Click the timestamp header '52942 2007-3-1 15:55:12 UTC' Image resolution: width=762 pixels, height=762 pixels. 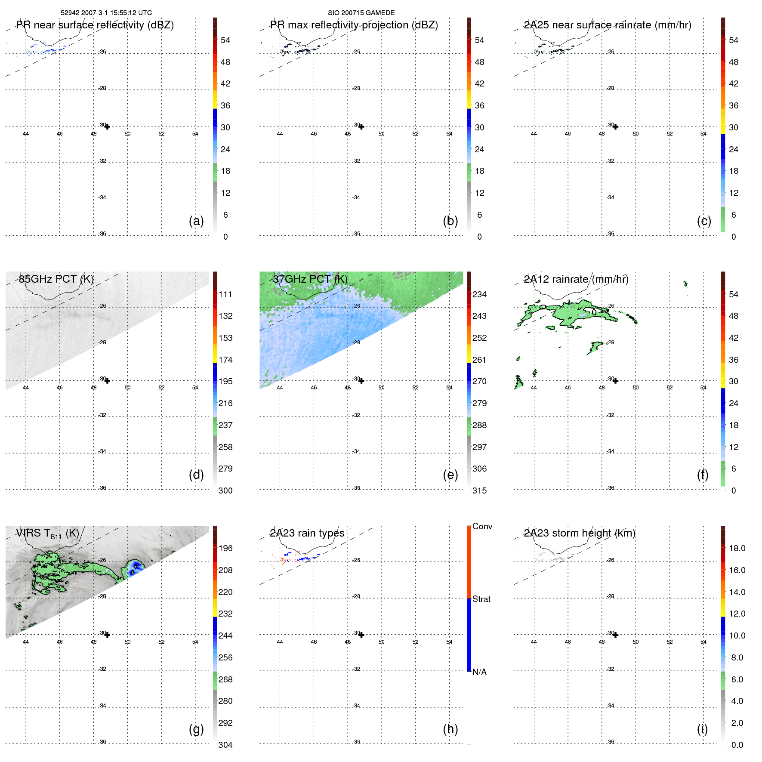[106, 13]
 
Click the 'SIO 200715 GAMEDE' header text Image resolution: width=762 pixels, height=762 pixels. [361, 13]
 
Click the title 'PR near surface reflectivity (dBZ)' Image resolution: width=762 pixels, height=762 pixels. [95, 25]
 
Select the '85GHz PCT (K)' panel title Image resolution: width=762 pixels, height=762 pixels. [56, 279]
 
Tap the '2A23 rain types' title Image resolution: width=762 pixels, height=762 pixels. [307, 533]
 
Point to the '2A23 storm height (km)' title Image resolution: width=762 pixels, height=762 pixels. [579, 533]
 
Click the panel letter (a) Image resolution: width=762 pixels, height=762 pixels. [196, 221]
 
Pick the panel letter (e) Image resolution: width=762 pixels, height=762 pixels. [450, 475]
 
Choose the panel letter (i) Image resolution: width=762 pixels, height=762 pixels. [702, 729]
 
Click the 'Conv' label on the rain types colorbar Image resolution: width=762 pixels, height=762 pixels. [482, 526]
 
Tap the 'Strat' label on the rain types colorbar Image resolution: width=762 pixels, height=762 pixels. [481, 599]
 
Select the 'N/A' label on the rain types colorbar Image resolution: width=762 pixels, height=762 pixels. [479, 672]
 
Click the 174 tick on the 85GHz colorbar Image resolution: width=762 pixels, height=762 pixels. [225, 360]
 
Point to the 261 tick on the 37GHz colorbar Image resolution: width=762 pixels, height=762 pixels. [479, 360]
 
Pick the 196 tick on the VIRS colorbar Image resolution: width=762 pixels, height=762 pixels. [225, 548]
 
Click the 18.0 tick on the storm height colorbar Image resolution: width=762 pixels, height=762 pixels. [737, 548]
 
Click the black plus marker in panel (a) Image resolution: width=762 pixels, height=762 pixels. [107, 126]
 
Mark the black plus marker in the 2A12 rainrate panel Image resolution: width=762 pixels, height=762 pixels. [615, 381]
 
